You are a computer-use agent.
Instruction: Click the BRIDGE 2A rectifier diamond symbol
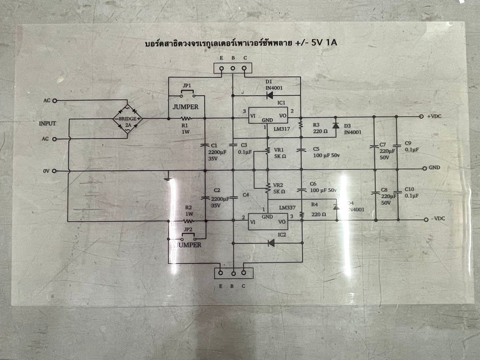tap(127, 119)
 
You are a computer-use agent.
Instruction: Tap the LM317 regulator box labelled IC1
tap(267, 116)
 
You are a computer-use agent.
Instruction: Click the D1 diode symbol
tap(269, 95)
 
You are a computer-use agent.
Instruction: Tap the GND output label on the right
tap(435, 168)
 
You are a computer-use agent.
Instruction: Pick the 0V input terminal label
tap(47, 171)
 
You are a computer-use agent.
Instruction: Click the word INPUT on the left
tap(48, 123)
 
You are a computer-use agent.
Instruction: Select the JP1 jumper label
tap(186, 86)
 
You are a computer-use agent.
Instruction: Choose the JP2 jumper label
tap(187, 229)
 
